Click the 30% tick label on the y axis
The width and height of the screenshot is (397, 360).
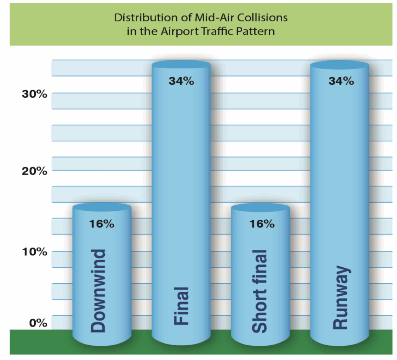[34, 94]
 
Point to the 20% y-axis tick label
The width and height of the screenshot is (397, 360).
[34, 171]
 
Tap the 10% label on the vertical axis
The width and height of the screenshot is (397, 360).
[34, 252]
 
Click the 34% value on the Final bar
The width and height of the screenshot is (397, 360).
[181, 81]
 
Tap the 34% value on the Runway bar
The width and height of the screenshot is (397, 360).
[341, 81]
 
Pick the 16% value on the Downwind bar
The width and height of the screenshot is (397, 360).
[102, 224]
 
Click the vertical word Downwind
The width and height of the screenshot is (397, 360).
[98, 291]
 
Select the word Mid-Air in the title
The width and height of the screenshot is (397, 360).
[211, 18]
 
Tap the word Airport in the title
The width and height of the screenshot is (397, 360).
[177, 31]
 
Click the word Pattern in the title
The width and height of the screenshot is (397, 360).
[257, 31]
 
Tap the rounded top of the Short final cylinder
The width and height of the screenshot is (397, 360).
[260, 208]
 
